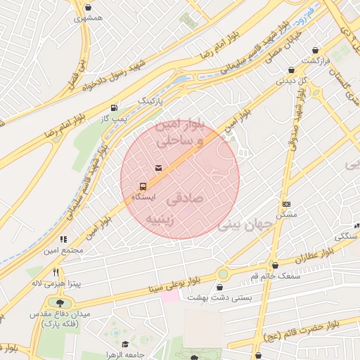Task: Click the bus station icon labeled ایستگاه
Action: [x=143, y=188]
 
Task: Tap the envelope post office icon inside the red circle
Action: [x=158, y=167]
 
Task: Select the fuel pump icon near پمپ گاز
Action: [x=114, y=108]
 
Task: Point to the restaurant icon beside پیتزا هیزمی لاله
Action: [x=56, y=273]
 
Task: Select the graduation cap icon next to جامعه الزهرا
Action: [x=125, y=345]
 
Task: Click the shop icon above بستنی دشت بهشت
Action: [x=220, y=287]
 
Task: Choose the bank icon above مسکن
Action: [x=285, y=204]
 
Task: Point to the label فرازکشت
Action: [x=317, y=61]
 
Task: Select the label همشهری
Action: [x=88, y=17]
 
